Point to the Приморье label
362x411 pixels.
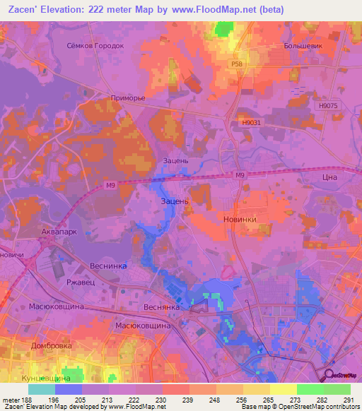[128, 98]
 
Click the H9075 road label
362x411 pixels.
[329, 105]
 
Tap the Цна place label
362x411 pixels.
[329, 179]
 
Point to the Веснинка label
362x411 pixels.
[107, 266]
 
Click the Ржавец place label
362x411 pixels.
[78, 282]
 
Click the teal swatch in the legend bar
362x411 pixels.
[42, 389]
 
